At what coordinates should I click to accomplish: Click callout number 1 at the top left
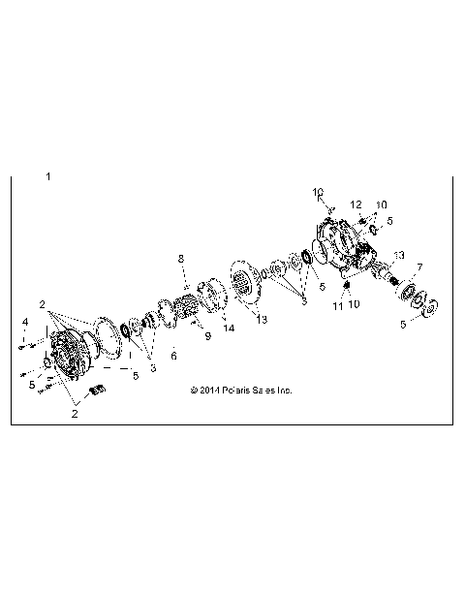[x=47, y=177]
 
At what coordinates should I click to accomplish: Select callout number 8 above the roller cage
[x=179, y=258]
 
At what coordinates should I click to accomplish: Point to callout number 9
[x=207, y=335]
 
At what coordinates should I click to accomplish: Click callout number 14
[x=230, y=329]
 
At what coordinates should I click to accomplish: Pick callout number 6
[x=173, y=356]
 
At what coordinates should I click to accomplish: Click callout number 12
[x=356, y=204]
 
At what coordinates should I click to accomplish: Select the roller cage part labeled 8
[x=186, y=315]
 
